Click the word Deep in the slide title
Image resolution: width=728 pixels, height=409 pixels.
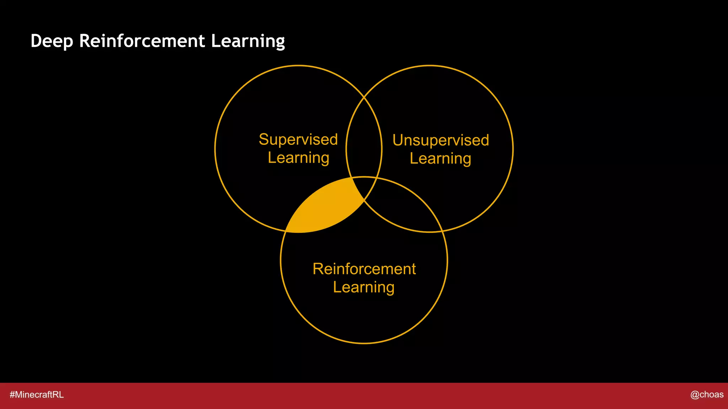click(52, 41)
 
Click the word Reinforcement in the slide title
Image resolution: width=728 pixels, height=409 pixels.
click(142, 41)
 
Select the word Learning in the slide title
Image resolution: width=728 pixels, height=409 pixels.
click(248, 41)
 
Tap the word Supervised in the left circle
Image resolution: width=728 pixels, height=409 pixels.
click(298, 139)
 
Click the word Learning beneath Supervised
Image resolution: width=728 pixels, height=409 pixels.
click(298, 158)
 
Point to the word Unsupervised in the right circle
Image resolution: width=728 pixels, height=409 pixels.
click(441, 140)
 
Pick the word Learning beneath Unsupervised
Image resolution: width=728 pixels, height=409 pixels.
click(440, 158)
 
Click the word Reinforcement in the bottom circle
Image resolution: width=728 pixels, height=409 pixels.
click(364, 269)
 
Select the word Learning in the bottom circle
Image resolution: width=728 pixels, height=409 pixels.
click(364, 287)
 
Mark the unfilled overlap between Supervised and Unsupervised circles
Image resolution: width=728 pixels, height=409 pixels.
click(364, 142)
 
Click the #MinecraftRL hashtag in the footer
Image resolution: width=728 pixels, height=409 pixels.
click(37, 395)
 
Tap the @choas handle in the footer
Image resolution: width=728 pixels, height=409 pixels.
click(707, 394)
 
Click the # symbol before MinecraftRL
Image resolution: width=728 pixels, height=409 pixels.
click(12, 395)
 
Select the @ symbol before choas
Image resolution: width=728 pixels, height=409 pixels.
click(695, 395)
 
